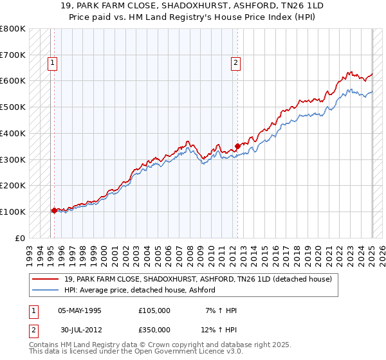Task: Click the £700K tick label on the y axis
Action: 12,55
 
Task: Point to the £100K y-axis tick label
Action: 12,212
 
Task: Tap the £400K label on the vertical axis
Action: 12,134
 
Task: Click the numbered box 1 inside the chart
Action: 51,63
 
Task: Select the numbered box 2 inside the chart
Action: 236,63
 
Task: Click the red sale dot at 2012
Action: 237,146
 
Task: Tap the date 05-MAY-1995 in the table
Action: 80,310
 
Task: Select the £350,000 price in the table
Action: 154,329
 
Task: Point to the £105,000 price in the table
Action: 154,310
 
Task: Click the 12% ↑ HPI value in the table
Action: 219,329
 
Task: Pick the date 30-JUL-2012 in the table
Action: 80,329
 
